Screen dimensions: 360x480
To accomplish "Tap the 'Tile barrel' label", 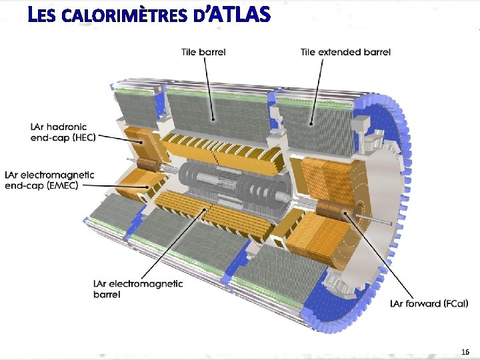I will point(203,51).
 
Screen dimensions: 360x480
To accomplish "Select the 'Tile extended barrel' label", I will point(345,51).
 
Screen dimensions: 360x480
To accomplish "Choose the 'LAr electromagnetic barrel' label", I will point(138,289).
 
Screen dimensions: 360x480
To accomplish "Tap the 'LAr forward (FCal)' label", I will point(429,303).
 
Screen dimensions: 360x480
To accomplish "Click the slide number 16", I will point(465,351).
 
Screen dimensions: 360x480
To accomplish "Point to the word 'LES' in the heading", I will point(43,15).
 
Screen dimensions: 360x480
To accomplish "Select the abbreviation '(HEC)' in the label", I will point(80,137).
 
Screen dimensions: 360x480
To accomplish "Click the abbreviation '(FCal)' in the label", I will point(453,303).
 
